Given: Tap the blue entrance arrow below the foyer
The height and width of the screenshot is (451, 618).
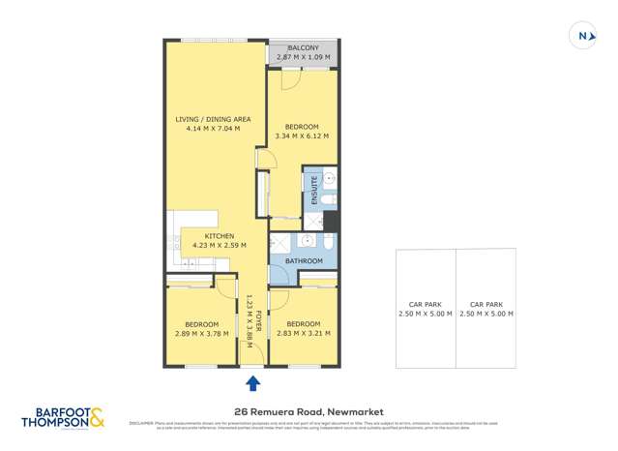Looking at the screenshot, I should tap(252, 383).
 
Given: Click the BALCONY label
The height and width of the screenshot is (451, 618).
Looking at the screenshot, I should tap(303, 47).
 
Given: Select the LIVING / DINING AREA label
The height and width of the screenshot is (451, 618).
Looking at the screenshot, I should tap(213, 120).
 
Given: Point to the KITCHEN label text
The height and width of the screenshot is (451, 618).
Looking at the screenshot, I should tap(219, 236).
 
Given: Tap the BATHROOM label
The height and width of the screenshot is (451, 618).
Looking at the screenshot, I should tap(303, 261).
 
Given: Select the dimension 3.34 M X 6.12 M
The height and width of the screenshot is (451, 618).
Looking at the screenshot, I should tap(303, 136).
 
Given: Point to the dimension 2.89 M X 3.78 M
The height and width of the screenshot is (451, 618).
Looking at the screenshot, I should tap(202, 333).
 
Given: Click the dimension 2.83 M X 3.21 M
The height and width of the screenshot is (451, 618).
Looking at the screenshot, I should tap(303, 333).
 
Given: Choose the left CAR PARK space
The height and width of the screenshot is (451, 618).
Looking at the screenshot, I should tap(425, 309).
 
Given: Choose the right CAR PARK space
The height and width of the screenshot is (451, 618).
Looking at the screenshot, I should tap(486, 309).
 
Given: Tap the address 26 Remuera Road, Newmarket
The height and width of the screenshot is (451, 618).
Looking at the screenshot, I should tap(309, 410).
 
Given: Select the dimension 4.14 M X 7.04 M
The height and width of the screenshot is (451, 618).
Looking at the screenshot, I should tap(213, 129).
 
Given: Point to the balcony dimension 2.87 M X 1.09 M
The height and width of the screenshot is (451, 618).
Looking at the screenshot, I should tap(303, 57).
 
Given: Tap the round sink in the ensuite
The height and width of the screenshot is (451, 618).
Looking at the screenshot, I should tap(328, 179).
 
